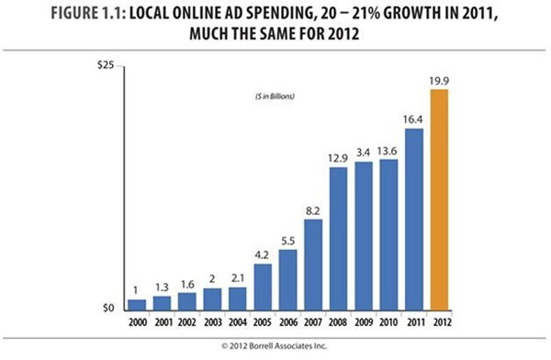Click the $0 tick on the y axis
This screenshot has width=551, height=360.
pyautogui.click(x=107, y=309)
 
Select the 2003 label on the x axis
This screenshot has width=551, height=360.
pyautogui.click(x=212, y=321)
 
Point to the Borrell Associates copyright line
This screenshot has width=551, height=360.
pyautogui.click(x=275, y=347)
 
